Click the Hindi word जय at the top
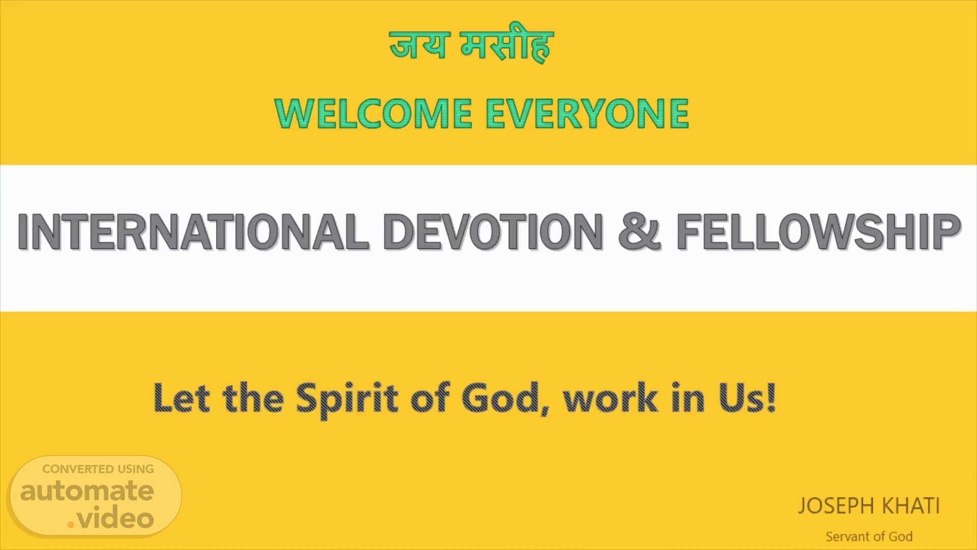coord(419,44)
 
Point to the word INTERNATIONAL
coord(193,232)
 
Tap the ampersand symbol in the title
coord(639,232)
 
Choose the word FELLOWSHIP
coord(818,232)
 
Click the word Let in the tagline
coord(182,397)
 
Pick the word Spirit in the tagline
coord(348,400)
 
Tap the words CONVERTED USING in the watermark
coord(98,469)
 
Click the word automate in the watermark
coord(87,491)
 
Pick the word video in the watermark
coord(117,518)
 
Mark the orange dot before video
coord(72,525)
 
